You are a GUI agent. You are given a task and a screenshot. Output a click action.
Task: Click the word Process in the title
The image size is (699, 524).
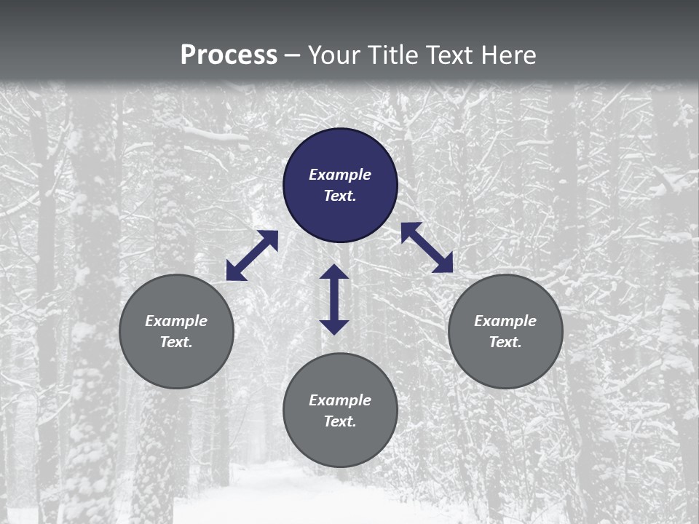click(x=229, y=55)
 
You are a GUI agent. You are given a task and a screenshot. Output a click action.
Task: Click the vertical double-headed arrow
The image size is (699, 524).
click(x=334, y=299)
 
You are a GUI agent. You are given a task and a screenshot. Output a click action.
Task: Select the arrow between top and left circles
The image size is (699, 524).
click(x=252, y=255)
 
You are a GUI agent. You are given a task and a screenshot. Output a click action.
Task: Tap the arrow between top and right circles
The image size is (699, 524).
click(x=427, y=247)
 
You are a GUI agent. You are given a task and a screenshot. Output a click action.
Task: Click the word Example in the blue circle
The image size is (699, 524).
click(x=340, y=175)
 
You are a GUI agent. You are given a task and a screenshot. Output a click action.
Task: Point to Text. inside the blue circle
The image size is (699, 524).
click(x=340, y=196)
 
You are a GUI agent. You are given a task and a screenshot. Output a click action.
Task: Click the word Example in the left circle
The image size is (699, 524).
click(x=176, y=321)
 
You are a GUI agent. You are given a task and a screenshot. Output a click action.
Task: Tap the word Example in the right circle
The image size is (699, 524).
click(x=505, y=321)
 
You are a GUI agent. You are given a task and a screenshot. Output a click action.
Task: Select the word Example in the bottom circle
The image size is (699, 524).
click(x=340, y=400)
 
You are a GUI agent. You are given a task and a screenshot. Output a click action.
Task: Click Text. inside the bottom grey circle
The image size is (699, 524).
click(x=340, y=421)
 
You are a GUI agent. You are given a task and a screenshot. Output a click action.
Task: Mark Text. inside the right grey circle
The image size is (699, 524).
click(x=505, y=342)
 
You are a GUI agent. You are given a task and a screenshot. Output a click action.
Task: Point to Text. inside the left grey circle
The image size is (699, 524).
click(x=176, y=342)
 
